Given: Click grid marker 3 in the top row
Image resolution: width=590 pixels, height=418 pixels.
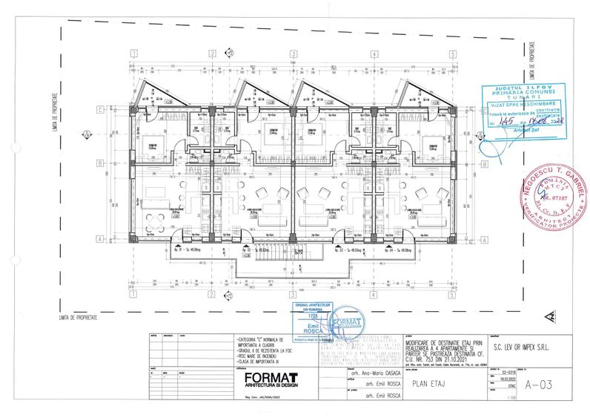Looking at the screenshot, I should click(293, 53).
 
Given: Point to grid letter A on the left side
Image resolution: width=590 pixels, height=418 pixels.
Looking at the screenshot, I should click(99, 239).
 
